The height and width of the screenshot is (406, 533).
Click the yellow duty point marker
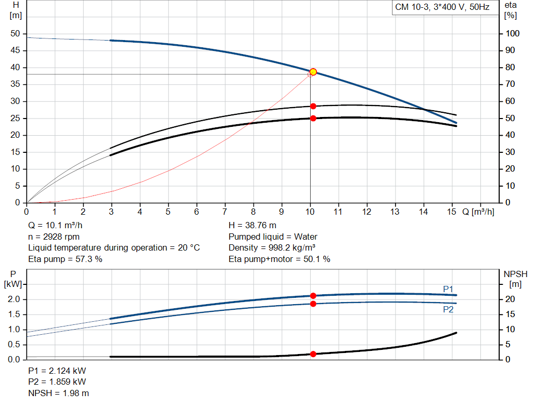pyautogui.click(x=313, y=72)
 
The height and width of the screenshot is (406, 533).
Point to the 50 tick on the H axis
pyautogui.click(x=15, y=34)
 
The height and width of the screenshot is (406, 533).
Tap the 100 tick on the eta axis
pyautogui.click(x=512, y=34)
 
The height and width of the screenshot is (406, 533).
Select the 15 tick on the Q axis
pyautogui.click(x=452, y=212)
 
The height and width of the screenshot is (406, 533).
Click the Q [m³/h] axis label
pyautogui.click(x=478, y=212)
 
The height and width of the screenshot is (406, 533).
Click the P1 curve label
pyautogui.click(x=448, y=289)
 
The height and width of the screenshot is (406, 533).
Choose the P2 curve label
pyautogui.click(x=448, y=309)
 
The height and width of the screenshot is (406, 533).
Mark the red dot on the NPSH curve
pyautogui.click(x=313, y=354)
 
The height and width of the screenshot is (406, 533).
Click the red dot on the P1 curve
pyautogui.click(x=313, y=296)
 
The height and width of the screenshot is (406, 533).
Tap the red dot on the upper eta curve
pyautogui.click(x=313, y=106)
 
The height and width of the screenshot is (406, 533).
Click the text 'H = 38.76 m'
pyautogui.click(x=252, y=225)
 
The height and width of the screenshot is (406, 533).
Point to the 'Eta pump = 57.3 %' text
pyautogui.click(x=65, y=259)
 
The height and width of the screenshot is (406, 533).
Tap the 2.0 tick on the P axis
pyautogui.click(x=14, y=299)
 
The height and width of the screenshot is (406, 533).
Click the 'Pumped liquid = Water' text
pyautogui.click(x=273, y=237)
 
